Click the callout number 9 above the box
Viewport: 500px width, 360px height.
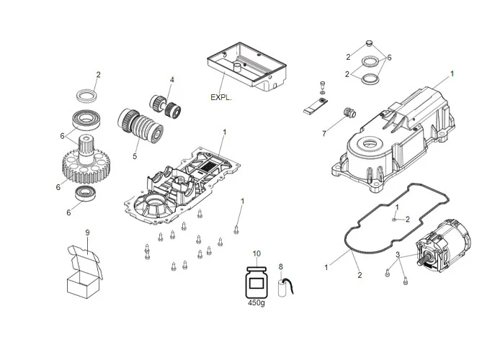[87, 233]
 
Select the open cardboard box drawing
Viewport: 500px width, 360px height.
[86, 271]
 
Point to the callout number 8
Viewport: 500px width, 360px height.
[281, 267]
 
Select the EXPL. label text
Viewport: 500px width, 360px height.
[220, 95]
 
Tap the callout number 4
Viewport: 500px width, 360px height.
[172, 79]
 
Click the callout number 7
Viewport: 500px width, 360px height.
[324, 133]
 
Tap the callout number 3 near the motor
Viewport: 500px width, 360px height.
[396, 256]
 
